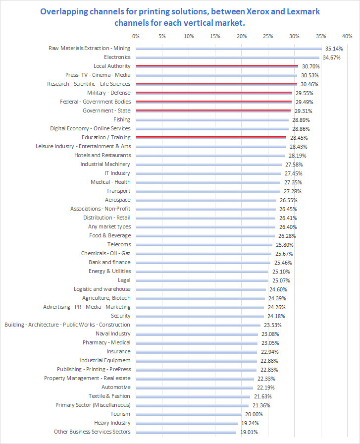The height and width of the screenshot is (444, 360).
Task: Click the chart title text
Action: click(x=180, y=17)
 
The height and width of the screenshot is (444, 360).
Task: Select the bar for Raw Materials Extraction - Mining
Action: click(x=228, y=48)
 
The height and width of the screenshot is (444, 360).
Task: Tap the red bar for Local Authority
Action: click(x=216, y=66)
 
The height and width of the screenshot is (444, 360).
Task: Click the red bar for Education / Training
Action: click(x=210, y=137)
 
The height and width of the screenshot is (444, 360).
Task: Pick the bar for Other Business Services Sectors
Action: click(x=186, y=432)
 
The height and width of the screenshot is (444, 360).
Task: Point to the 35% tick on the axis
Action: click(x=321, y=36)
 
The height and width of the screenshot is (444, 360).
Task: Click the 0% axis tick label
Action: click(x=136, y=36)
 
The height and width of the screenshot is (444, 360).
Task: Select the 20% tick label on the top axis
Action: click(x=242, y=36)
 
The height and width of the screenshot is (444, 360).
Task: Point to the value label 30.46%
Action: click(x=309, y=84)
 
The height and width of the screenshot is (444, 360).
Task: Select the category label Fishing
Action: click(x=122, y=119)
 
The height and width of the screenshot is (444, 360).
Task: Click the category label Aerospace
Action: click(x=118, y=200)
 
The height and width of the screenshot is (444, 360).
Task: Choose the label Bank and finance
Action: click(x=109, y=262)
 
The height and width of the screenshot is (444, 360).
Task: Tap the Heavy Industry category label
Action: click(x=112, y=423)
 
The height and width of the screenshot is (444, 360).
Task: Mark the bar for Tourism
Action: click(x=189, y=414)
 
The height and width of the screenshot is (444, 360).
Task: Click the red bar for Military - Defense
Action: click(x=213, y=93)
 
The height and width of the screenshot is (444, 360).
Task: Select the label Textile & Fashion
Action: click(x=109, y=396)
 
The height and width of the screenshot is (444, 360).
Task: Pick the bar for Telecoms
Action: click(x=204, y=244)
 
